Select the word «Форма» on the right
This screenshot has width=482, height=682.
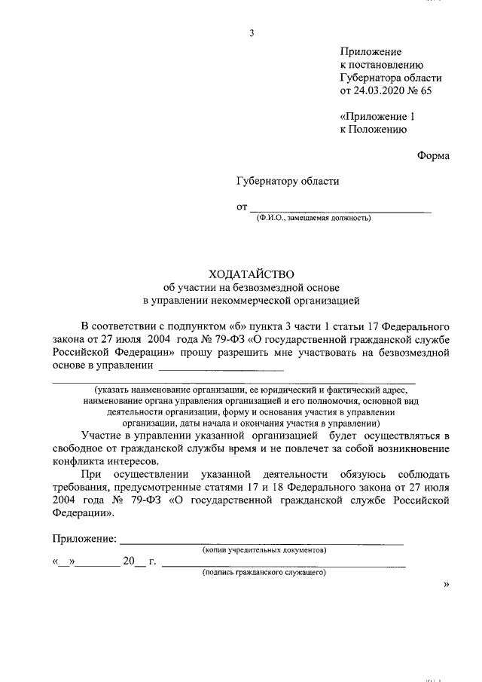coord(433,155)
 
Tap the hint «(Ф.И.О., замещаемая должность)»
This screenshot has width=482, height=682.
coord(313,219)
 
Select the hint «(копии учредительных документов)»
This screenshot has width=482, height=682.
coord(264,550)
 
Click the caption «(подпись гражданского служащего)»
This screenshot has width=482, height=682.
coord(264,573)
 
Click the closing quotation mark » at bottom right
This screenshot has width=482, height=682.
coord(447,583)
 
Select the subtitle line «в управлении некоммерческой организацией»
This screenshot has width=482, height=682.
coord(252,300)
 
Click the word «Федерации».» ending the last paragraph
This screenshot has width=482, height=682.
coord(84,512)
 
